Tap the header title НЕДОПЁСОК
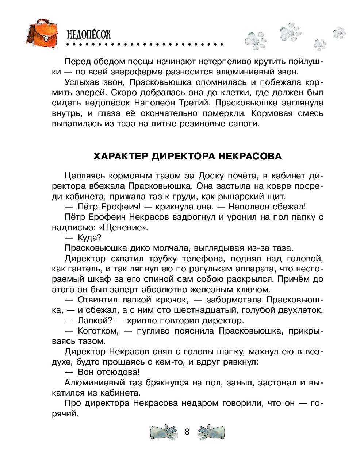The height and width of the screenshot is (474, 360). pyautogui.click(x=89, y=35)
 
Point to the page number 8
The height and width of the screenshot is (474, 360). pyautogui.click(x=187, y=432)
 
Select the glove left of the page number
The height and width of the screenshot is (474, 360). pyautogui.click(x=163, y=432)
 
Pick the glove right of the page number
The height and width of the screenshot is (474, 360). pyautogui.click(x=211, y=432)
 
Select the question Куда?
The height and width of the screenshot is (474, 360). pyautogui.click(x=89, y=238)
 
